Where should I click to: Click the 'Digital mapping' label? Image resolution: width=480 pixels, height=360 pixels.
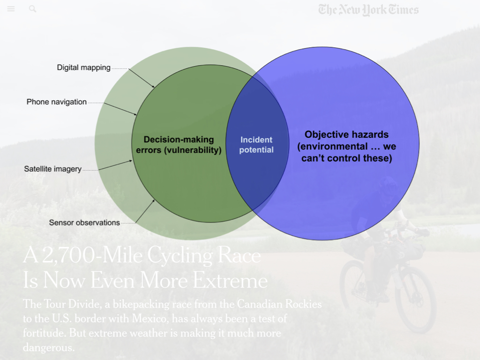tap(83, 67)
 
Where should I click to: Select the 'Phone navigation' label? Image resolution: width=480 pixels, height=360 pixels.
tap(56, 102)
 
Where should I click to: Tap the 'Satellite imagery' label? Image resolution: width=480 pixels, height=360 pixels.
tap(52, 169)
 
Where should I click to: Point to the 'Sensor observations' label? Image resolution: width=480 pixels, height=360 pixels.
tap(84, 223)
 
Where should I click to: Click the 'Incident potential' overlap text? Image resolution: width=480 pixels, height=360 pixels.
tap(256, 145)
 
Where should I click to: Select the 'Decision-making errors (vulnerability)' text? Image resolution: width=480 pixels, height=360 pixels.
tap(179, 145)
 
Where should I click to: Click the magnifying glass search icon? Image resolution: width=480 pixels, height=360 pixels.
tap(32, 9)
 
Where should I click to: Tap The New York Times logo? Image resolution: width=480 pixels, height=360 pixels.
tap(368, 9)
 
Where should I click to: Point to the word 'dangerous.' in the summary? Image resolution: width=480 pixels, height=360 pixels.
tap(49, 348)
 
